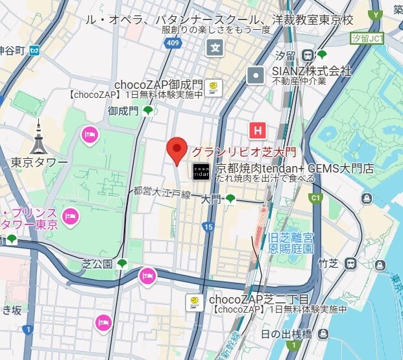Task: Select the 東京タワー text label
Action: click(x=39, y=162)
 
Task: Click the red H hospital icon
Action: click(x=258, y=130)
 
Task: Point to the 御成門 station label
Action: click(x=123, y=111)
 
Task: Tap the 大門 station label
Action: click(x=211, y=199)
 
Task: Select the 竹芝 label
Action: click(x=328, y=263)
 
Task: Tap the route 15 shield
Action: click(x=208, y=226)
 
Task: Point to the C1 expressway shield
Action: click(x=317, y=198)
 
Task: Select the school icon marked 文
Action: click(x=215, y=47)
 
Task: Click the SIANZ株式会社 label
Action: click(x=311, y=70)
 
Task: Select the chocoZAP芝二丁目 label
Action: click(x=258, y=300)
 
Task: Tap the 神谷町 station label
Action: click(x=12, y=50)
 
